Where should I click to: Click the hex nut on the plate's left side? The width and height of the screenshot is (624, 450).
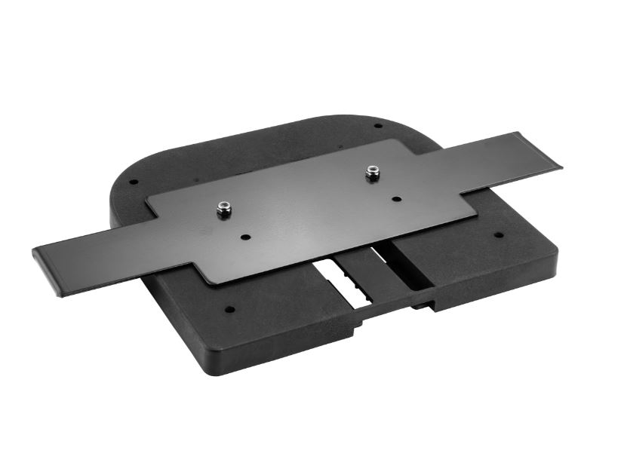pyautogui.click(x=223, y=210)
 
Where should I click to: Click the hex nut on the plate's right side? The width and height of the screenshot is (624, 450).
pyautogui.click(x=371, y=173)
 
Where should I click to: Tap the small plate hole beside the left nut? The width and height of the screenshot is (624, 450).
pyautogui.click(x=245, y=237)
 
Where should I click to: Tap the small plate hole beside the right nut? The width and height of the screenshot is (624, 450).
pyautogui.click(x=396, y=200)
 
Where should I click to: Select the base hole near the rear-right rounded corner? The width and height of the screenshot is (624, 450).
pyautogui.click(x=378, y=127)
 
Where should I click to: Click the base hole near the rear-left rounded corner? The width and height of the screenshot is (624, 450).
pyautogui.click(x=133, y=182)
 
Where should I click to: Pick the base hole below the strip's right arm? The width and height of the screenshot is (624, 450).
pyautogui.click(x=498, y=234)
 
